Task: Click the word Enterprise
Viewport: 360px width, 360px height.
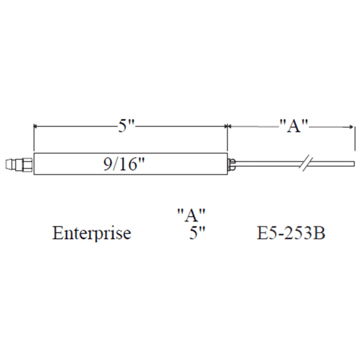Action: (92, 235)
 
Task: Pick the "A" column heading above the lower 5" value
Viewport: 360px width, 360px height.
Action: (191, 215)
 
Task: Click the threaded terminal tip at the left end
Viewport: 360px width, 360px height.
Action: (13, 163)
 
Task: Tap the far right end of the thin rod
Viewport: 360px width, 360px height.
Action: (353, 163)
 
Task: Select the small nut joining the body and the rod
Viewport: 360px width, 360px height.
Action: (232, 163)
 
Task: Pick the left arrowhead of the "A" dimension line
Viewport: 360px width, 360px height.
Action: (230, 126)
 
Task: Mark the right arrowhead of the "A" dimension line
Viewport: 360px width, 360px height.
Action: (351, 126)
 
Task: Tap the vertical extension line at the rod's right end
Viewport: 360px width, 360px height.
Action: (354, 138)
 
